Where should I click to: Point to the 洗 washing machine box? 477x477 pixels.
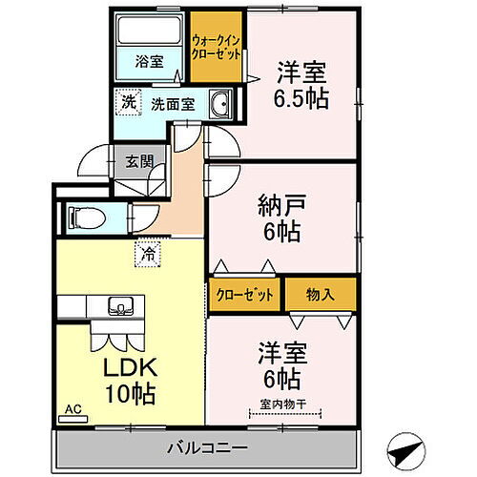[x=127, y=102]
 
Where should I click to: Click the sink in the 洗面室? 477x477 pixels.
[x=219, y=103]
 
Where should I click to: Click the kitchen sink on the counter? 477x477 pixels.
[x=120, y=307]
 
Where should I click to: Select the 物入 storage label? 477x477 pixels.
[x=320, y=294]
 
